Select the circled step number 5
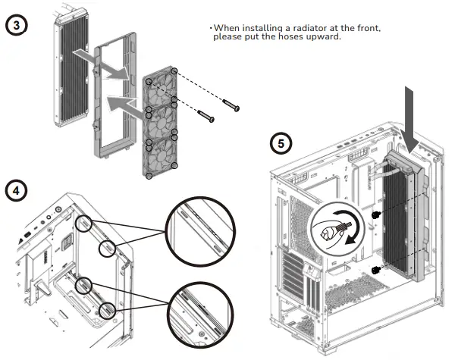(x=281, y=142)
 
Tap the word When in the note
(x=225, y=28)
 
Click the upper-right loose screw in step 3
(x=231, y=104)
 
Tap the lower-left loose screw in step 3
(x=205, y=116)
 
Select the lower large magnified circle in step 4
(x=196, y=310)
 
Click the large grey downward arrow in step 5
(x=413, y=114)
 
